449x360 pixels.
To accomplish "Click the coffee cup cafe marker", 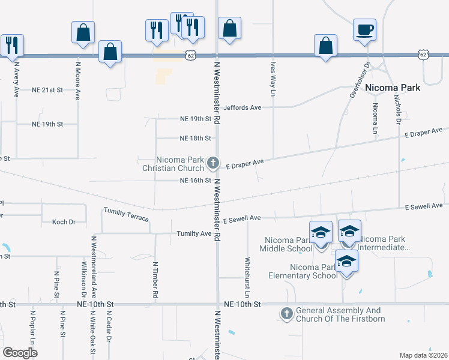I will tap(364, 29).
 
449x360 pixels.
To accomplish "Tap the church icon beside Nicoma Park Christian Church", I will tap(212, 163).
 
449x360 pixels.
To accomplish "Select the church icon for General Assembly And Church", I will tap(287, 313).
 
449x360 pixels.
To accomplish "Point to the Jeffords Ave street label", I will tap(243, 107).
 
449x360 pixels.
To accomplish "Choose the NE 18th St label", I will tap(196, 138).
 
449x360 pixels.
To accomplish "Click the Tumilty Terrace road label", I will tap(126, 214).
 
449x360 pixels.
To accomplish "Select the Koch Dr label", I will tap(64, 222).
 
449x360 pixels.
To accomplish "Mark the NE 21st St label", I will tap(47, 90).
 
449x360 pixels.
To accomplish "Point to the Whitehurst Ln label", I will tap(247, 277).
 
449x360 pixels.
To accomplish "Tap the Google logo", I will tap(20, 353).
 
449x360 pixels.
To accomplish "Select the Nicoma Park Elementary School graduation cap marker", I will tap(346, 262).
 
